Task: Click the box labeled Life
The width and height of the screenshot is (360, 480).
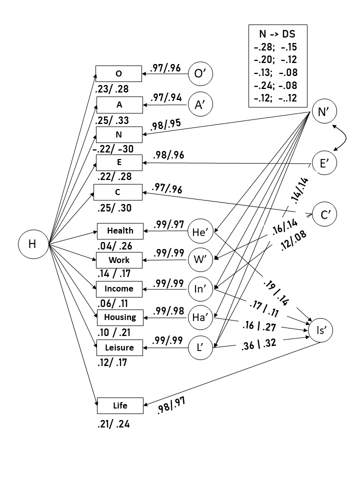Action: [x=120, y=406]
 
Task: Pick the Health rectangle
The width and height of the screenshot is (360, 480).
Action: [x=120, y=231]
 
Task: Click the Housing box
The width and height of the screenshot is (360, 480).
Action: [x=120, y=317]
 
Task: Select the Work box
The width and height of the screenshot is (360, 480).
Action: [x=119, y=260]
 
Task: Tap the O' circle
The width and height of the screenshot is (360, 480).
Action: [x=201, y=74]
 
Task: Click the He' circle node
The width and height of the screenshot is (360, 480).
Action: [x=201, y=231]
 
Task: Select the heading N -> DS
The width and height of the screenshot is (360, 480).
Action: [x=277, y=35]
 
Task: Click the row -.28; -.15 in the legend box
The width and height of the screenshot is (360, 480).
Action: [x=277, y=47]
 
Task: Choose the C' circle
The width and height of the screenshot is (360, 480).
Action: [x=324, y=214]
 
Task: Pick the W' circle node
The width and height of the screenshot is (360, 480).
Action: [x=201, y=260]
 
